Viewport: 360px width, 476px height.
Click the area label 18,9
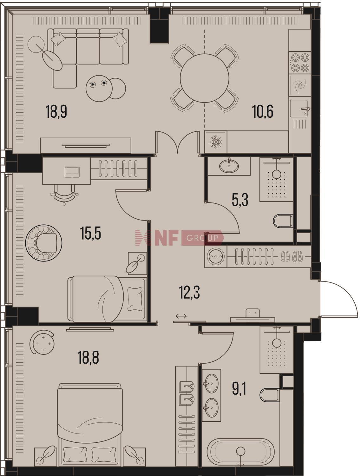(x=56, y=111)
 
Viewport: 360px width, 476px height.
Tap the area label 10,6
(x=263, y=111)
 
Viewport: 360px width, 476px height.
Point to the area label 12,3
(x=189, y=292)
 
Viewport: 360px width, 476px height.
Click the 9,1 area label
(x=239, y=389)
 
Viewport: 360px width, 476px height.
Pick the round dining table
(x=204, y=78)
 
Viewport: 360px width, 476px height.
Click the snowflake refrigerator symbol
(x=216, y=142)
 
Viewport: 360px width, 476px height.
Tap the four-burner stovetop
(x=300, y=63)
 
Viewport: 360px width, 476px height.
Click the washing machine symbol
(x=216, y=256)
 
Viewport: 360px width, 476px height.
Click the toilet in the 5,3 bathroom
(x=283, y=221)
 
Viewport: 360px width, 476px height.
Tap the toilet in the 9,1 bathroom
(x=270, y=395)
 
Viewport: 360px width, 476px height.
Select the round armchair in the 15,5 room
(x=44, y=243)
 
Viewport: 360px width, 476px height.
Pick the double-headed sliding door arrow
(x=181, y=316)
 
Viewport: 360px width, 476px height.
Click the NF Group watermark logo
(x=179, y=238)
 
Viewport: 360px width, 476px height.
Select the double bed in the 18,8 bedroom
(x=90, y=418)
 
